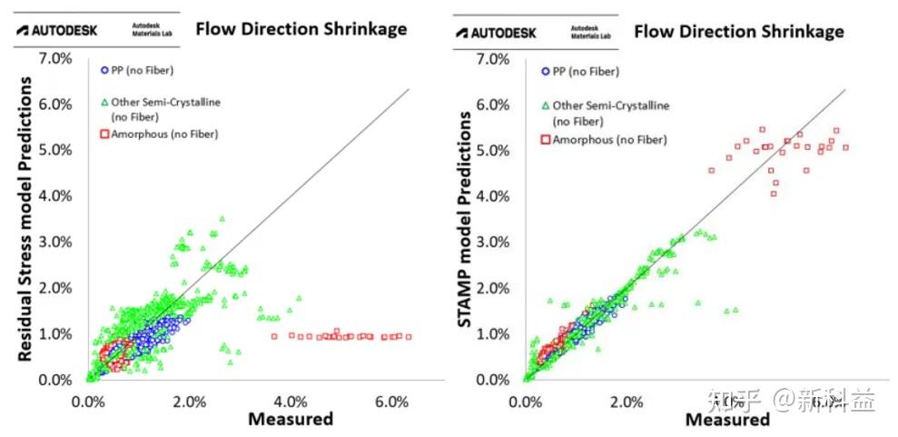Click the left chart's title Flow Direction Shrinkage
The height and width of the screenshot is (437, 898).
(x=301, y=29)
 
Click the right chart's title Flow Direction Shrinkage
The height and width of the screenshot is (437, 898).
(x=738, y=32)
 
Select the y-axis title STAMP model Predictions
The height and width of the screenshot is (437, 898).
(x=465, y=220)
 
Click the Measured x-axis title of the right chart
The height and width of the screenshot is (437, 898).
(x=727, y=420)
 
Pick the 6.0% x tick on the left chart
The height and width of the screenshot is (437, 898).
(x=391, y=401)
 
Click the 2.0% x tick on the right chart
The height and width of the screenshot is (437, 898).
(x=627, y=402)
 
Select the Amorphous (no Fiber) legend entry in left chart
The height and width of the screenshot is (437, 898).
(x=157, y=134)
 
